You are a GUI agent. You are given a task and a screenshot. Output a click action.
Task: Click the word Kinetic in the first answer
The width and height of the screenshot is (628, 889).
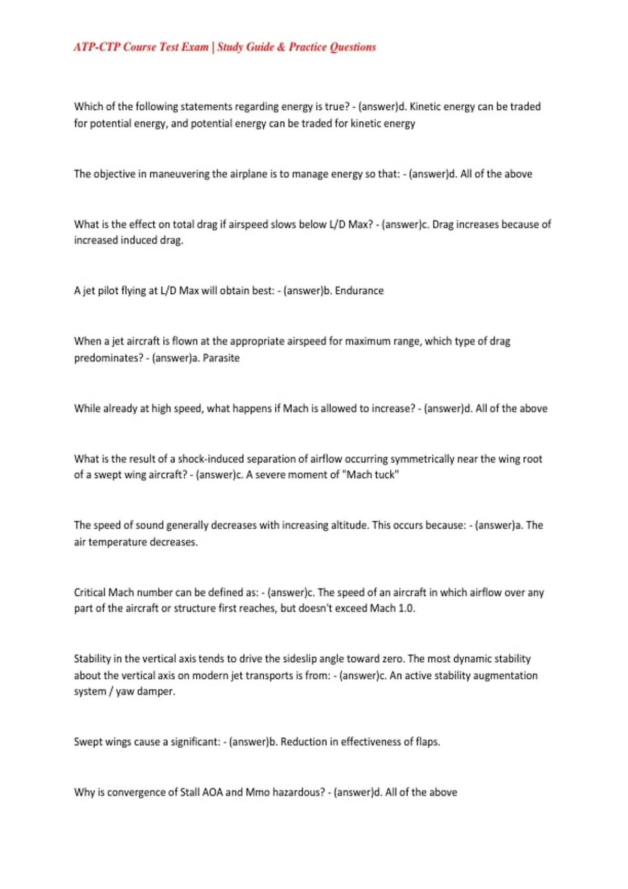pos(428,107)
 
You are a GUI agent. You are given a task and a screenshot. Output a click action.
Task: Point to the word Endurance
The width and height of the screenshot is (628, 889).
pos(359,291)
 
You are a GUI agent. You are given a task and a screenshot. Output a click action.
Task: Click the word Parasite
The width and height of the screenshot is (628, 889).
pos(221,358)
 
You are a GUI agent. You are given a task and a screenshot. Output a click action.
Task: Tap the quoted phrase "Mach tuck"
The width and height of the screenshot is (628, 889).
pos(373,475)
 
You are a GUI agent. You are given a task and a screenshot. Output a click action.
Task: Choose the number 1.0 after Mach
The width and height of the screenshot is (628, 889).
pos(406,608)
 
